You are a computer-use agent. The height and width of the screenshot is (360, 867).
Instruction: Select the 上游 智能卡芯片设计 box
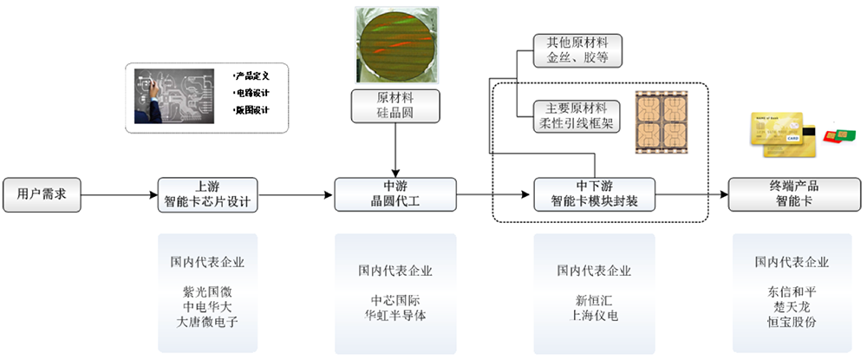point(206,194)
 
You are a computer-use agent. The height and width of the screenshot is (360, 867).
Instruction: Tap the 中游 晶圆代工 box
point(394,194)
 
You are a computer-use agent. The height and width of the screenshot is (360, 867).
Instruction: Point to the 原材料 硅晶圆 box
point(394,105)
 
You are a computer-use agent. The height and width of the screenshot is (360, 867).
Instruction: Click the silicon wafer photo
point(394,43)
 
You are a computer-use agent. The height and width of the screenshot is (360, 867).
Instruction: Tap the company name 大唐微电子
point(206,321)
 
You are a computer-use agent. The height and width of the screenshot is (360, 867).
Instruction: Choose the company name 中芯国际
point(394,299)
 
